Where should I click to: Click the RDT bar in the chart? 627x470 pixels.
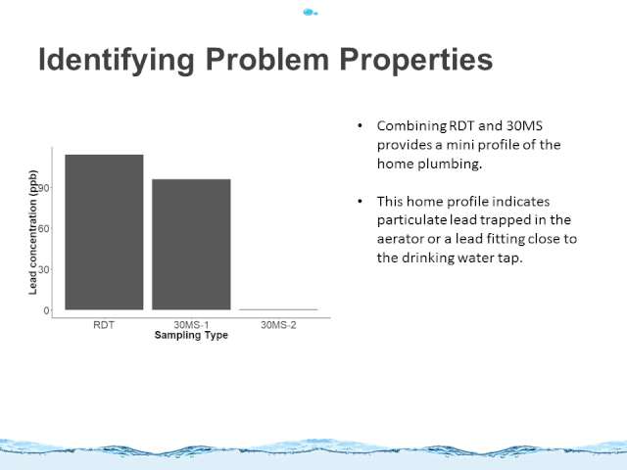pos(104,232)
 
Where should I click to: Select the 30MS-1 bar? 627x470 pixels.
pos(191,245)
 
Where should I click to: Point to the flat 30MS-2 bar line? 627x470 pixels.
pos(278,309)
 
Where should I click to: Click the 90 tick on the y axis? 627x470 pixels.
pos(43,188)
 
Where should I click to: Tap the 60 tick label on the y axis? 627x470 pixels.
pos(43,229)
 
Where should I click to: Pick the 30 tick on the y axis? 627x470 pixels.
pos(43,270)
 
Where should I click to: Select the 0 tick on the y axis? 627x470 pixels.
pos(46,310)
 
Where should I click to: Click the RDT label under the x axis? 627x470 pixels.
pos(104,325)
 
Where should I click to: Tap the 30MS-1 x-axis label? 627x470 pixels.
pos(191,325)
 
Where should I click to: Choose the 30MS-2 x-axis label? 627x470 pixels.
pos(278,325)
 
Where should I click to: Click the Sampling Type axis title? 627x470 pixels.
pos(191,335)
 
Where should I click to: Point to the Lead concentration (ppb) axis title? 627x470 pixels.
pos(32,232)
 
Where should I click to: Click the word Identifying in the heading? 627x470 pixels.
pos(117,60)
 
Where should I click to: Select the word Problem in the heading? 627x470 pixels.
pos(267,59)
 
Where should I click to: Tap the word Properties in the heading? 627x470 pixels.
pos(415,60)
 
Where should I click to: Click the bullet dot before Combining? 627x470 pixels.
pos(360,126)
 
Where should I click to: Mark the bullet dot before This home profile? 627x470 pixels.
pos(360,201)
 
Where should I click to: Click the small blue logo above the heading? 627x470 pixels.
pos(310,13)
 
